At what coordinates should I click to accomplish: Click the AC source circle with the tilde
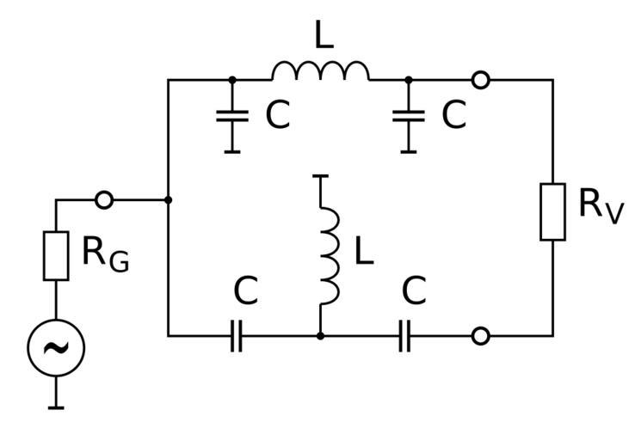click(x=56, y=347)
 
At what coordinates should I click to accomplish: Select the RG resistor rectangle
click(x=56, y=255)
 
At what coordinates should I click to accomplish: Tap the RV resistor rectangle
click(x=552, y=211)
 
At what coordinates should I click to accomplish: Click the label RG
click(x=105, y=254)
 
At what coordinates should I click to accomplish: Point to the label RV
click(x=600, y=206)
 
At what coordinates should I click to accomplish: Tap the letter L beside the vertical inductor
click(x=364, y=251)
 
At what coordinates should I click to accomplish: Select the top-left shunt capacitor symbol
click(x=231, y=116)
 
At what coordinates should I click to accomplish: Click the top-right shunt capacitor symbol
click(x=409, y=116)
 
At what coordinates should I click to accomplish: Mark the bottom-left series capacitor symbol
click(x=237, y=336)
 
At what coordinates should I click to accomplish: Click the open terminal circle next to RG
click(x=103, y=200)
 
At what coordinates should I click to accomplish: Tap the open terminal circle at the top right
click(x=481, y=80)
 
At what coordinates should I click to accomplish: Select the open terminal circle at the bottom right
click(x=481, y=336)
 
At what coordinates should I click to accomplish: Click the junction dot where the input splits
click(x=169, y=200)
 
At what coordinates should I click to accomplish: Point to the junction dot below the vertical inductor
click(x=320, y=336)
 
